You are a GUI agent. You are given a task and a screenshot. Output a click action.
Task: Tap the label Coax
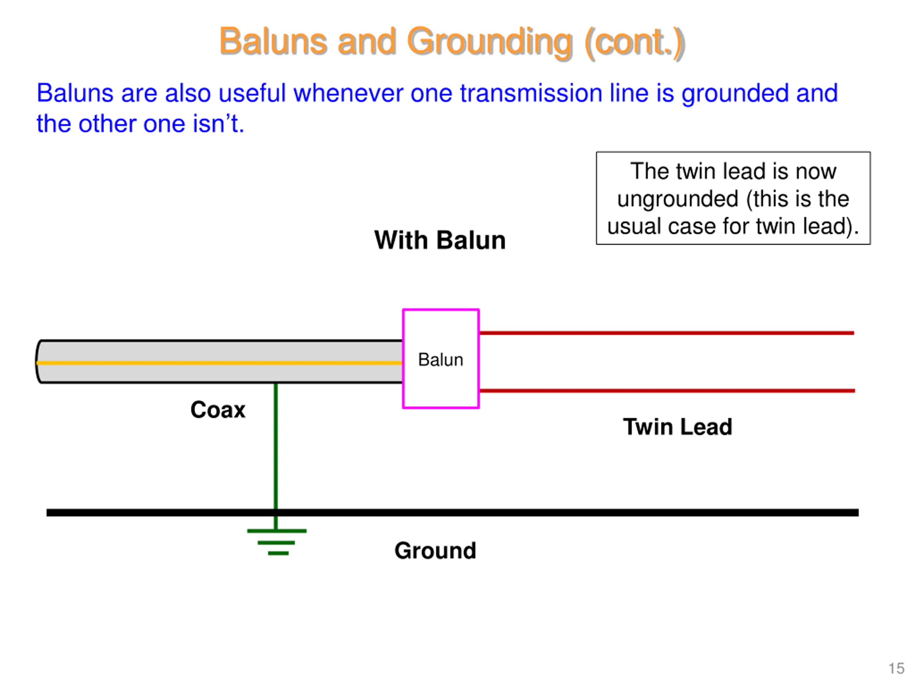click(218, 410)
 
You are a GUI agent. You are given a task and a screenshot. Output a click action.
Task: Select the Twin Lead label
click(678, 427)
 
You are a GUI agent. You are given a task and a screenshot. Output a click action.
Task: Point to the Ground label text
click(435, 550)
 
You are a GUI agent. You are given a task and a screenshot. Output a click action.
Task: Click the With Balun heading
click(440, 240)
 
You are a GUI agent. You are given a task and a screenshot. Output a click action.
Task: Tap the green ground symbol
click(277, 541)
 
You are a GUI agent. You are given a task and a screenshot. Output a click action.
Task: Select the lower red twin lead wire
click(667, 391)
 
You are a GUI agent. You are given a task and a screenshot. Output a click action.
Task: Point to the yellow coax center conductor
click(219, 363)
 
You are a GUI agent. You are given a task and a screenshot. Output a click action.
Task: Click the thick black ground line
click(452, 513)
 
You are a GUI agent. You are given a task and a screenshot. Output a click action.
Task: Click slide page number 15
click(897, 668)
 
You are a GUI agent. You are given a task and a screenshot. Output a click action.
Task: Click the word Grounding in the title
click(490, 42)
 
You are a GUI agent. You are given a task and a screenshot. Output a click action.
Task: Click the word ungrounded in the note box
click(678, 200)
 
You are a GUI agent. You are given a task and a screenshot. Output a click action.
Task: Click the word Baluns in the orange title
click(273, 41)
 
